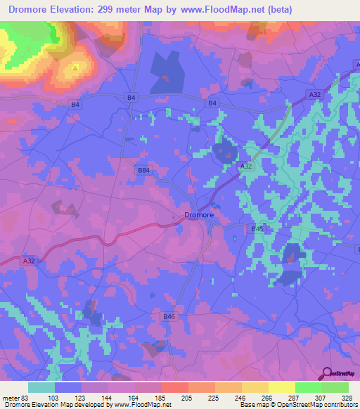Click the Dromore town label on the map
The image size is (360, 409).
click(x=198, y=216)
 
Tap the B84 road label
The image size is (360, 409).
click(x=143, y=170)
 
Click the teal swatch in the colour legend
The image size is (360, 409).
click(x=41, y=387)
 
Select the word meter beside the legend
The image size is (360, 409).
click(x=9, y=399)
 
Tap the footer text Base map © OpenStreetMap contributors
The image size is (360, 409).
click(x=297, y=405)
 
